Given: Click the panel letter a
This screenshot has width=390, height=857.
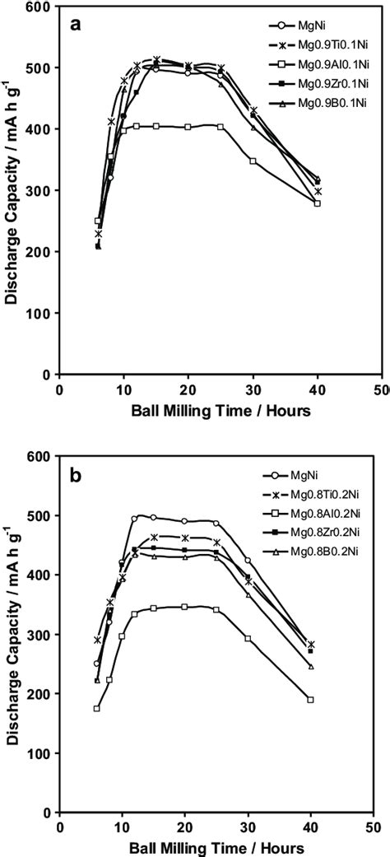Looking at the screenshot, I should (x=75, y=25).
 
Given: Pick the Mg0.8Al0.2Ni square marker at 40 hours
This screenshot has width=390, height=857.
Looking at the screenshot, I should (x=310, y=700).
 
